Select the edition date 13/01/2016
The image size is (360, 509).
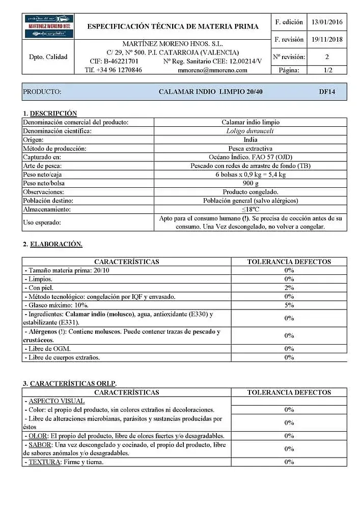[x=327, y=22]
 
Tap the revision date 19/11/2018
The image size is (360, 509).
[x=327, y=40]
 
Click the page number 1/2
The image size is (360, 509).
[x=327, y=70]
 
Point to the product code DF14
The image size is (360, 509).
[x=326, y=92]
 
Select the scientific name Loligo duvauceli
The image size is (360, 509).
[x=250, y=131]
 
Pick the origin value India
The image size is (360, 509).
[x=251, y=139]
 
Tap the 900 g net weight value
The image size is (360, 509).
[x=251, y=183]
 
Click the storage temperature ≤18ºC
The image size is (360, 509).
[x=251, y=209]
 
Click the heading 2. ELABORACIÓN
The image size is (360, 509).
[x=52, y=244]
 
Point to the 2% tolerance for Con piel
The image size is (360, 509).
[x=289, y=288]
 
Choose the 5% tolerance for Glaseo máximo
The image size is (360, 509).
[x=289, y=305]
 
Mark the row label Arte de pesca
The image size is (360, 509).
[x=42, y=166]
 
